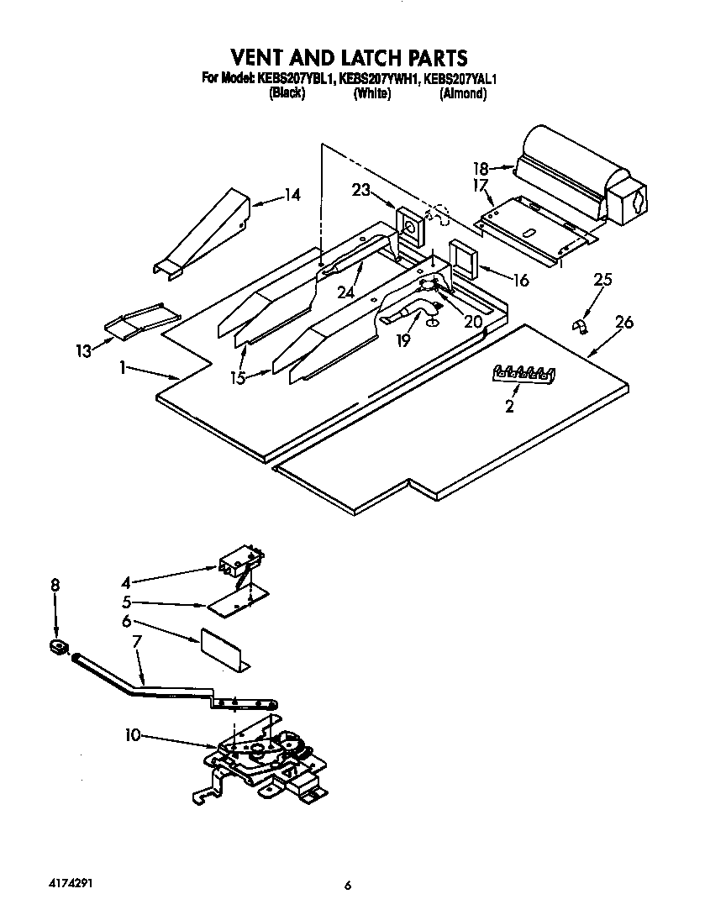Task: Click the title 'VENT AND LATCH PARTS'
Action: [x=349, y=57]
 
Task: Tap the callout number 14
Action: [x=291, y=196]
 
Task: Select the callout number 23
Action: [x=361, y=191]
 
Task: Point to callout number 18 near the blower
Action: [x=480, y=168]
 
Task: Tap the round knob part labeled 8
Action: [x=56, y=647]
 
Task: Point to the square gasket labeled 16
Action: [x=463, y=257]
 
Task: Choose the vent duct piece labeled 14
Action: [x=202, y=231]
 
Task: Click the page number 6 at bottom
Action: [x=347, y=885]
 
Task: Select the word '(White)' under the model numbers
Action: [x=371, y=94]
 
